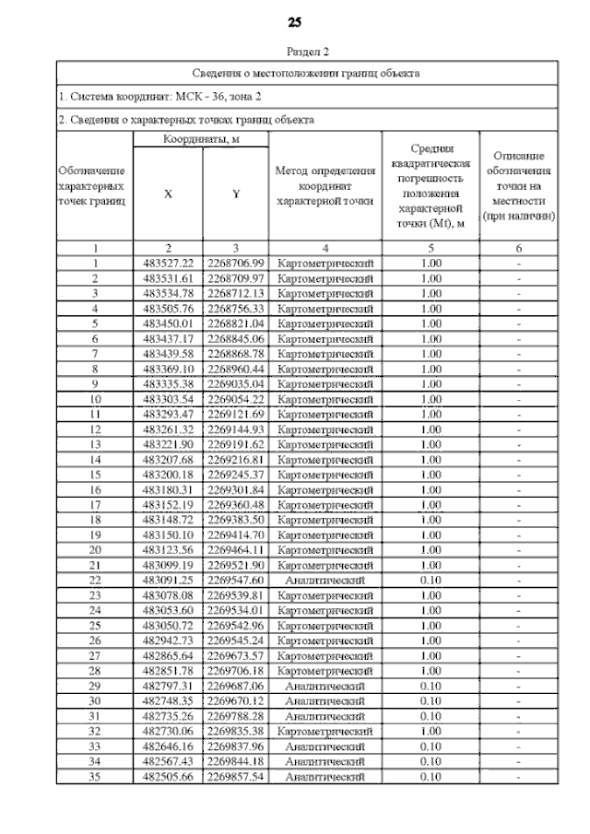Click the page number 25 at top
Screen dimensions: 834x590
coord(295,22)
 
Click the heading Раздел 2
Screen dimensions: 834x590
coord(307,52)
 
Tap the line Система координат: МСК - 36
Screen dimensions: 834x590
coord(159,96)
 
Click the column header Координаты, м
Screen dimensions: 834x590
coord(201,139)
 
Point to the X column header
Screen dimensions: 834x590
coord(167,194)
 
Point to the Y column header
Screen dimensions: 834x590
coord(235,194)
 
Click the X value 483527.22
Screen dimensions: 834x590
coord(167,264)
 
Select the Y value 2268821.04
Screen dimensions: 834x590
coord(235,324)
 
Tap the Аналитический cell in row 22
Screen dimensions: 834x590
coord(325,581)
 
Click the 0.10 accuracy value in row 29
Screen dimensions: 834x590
coord(431,687)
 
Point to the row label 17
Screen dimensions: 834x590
coord(95,506)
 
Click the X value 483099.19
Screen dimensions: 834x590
coord(167,566)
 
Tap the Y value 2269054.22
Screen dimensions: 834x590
coord(235,400)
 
